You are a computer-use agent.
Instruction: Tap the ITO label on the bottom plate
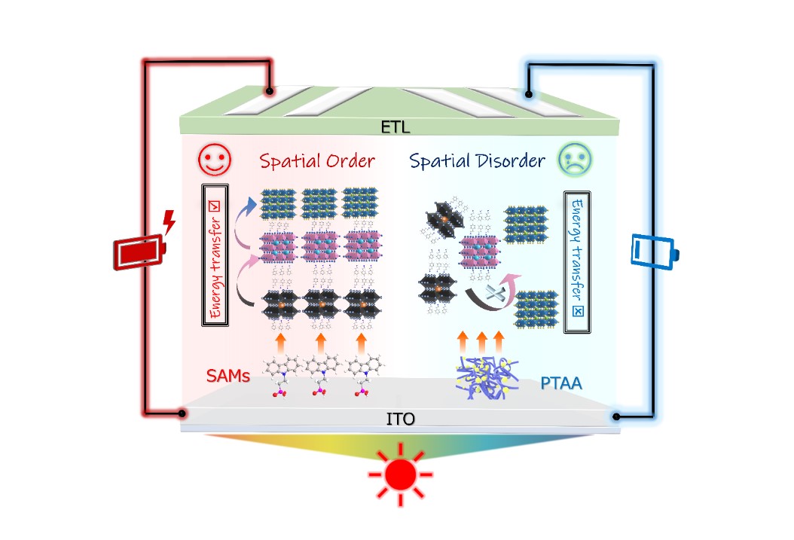click(x=400, y=419)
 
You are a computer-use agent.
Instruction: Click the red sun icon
click(x=400, y=474)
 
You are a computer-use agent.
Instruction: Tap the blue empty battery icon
click(x=652, y=252)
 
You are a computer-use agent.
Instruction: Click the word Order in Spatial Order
click(x=348, y=161)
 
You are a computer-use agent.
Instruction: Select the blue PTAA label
click(x=561, y=384)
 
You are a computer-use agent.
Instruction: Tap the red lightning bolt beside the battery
click(x=169, y=222)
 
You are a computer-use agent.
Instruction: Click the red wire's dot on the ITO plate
click(x=182, y=413)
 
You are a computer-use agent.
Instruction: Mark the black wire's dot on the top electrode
click(x=529, y=95)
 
